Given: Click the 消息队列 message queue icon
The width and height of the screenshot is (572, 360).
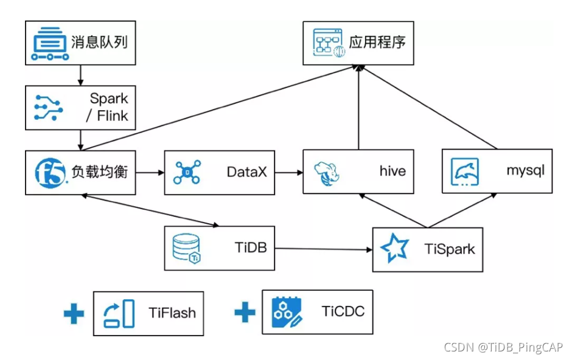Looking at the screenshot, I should (49, 43).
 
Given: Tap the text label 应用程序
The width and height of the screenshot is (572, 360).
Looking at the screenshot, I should (377, 43).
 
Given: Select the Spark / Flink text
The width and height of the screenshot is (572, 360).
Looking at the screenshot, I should (108, 107).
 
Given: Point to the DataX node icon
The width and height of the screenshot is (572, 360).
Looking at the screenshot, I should (187, 172).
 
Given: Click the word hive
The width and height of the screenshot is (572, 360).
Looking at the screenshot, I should (392, 171).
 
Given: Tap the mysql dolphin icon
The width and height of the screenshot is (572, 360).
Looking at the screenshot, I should (464, 171).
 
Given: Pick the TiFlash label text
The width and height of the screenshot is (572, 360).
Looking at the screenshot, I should (172, 313).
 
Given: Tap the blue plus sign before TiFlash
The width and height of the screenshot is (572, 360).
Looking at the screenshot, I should (74, 313).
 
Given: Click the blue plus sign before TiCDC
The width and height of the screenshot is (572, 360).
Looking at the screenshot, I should (245, 313).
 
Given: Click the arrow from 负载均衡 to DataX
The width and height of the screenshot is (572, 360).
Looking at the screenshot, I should (149, 172).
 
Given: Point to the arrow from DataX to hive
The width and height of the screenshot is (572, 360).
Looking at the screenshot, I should (289, 172).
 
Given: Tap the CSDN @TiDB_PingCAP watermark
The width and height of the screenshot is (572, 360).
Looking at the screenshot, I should (503, 347).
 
